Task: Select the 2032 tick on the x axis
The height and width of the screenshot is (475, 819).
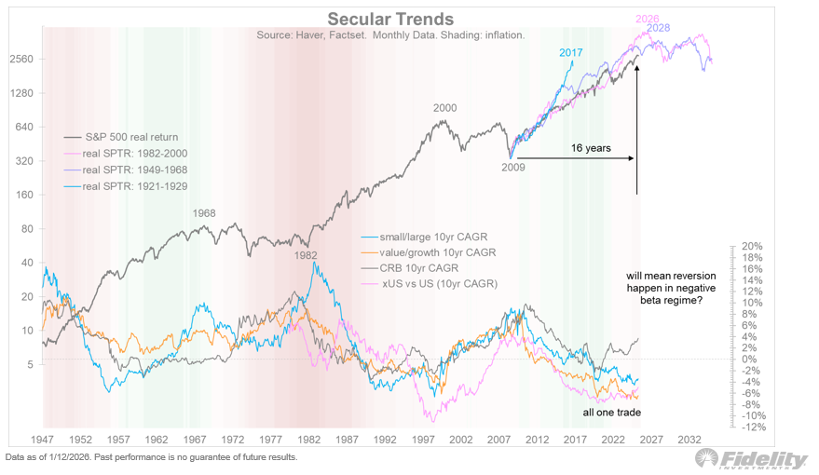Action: click(x=689, y=438)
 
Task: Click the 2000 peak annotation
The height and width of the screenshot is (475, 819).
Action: click(x=444, y=108)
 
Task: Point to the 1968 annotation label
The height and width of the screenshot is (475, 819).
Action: click(x=204, y=213)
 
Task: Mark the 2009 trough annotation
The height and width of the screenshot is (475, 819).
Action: click(x=514, y=168)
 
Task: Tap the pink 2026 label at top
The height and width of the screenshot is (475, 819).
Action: click(x=648, y=19)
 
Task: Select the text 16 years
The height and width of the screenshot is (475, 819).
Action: click(x=592, y=147)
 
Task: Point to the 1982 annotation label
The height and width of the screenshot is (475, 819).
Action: click(x=306, y=254)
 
